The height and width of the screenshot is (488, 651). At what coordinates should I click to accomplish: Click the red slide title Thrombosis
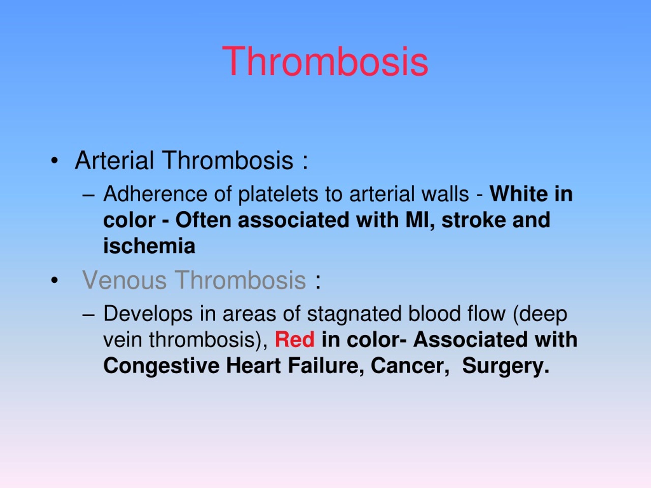(325, 62)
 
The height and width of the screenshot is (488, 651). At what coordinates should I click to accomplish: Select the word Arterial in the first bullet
(114, 160)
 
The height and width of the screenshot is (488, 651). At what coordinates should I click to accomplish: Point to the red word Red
(294, 340)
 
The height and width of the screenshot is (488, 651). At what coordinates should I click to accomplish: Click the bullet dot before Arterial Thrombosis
(54, 161)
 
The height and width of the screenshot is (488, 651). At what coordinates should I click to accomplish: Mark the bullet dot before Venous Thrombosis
(54, 280)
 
